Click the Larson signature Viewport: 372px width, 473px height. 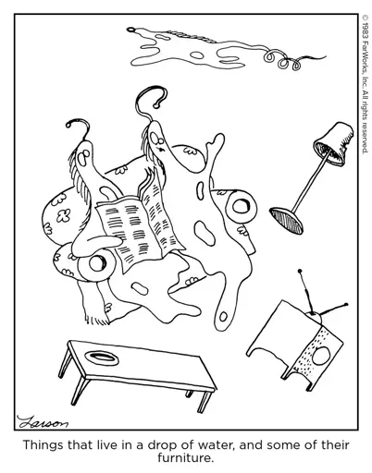click(43, 422)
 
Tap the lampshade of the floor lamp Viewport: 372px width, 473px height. click(334, 144)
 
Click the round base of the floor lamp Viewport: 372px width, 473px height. click(286, 220)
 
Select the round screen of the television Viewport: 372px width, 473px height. click(322, 356)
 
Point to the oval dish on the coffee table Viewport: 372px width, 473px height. click(102, 358)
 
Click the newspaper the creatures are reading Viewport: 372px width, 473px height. click(140, 224)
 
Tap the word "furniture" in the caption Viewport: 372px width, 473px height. click(184, 457)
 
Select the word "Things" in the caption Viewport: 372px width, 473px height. click(43, 445)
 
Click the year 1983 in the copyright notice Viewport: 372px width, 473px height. click(366, 30)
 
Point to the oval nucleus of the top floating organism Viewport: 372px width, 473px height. click(196, 55)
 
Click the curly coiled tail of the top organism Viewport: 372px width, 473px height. click(282, 60)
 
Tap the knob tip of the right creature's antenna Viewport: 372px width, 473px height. click(156, 105)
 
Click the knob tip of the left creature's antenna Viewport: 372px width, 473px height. click(68, 125)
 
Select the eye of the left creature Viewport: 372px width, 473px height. click(82, 158)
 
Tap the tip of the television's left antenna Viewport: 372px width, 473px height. click(299, 272)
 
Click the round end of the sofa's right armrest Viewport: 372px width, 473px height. click(241, 206)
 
